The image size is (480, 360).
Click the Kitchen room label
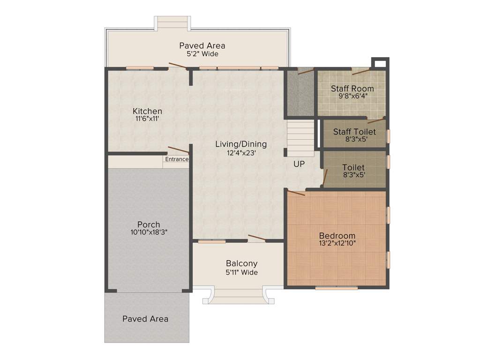pos(147,111)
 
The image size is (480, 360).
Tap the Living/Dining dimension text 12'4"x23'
pos(241,152)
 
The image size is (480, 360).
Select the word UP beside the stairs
pos(299,164)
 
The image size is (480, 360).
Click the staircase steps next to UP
pos(300,138)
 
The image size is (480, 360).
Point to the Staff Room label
pos(352,88)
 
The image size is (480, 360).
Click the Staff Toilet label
pos(354,132)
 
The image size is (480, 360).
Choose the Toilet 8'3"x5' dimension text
pos(353,174)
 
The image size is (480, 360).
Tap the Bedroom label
pos(337,235)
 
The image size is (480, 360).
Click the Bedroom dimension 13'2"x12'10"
pos(337,243)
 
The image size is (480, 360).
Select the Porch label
pos(149,224)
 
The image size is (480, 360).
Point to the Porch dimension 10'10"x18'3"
pos(149,232)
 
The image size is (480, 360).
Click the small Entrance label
pos(177,159)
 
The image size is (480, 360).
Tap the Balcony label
pos(241,263)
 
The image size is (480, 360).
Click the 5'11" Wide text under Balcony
pos(241,272)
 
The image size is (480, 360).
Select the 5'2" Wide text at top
pos(202,54)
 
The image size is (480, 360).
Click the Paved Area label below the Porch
pos(145,319)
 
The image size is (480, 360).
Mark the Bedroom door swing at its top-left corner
pos(296,193)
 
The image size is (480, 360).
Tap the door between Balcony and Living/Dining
pos(256,238)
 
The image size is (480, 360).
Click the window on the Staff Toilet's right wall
pos(388,135)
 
